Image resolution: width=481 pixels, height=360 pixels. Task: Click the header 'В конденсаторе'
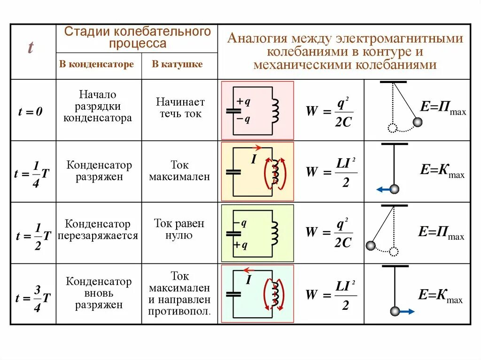click(x=96, y=64)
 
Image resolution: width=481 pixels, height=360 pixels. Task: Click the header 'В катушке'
click(x=177, y=64)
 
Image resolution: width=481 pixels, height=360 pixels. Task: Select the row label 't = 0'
click(x=31, y=112)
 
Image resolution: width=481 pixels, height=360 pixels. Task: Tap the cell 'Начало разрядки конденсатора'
click(x=98, y=107)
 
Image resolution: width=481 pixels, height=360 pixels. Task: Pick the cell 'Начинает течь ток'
click(x=180, y=107)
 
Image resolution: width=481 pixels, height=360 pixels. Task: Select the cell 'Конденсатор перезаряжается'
click(x=98, y=230)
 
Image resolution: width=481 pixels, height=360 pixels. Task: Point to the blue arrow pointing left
click(x=383, y=190)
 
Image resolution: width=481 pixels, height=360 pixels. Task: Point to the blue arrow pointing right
click(x=407, y=311)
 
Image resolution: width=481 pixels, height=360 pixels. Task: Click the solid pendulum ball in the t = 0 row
click(x=417, y=123)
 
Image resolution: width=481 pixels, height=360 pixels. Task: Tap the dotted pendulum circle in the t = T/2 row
click(x=394, y=252)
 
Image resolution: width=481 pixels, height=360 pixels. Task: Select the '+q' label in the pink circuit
click(x=244, y=101)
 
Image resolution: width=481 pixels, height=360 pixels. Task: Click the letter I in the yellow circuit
click(x=253, y=160)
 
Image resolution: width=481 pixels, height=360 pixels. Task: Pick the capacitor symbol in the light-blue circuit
click(x=233, y=294)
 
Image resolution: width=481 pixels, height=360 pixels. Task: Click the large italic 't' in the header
click(x=31, y=48)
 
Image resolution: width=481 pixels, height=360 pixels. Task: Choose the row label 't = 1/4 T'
click(x=32, y=173)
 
